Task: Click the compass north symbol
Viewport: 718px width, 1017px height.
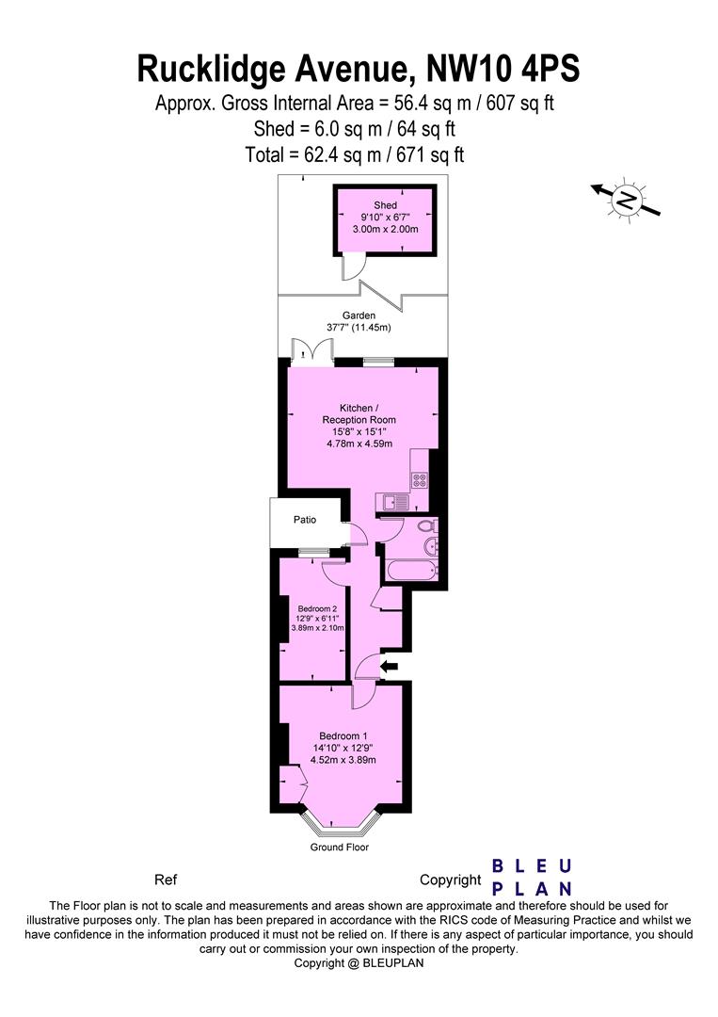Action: click(x=626, y=199)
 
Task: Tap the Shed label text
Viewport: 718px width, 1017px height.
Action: click(x=385, y=205)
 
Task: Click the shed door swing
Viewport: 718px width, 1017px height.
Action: click(x=352, y=270)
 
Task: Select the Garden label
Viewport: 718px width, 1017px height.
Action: click(x=359, y=315)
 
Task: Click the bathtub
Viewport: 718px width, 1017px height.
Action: click(x=407, y=571)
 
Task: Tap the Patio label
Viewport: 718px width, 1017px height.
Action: click(x=304, y=520)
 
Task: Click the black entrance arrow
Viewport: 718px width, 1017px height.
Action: click(x=388, y=667)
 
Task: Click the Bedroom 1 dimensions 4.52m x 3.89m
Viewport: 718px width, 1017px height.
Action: click(x=344, y=761)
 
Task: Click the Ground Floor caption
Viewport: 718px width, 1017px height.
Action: click(x=340, y=847)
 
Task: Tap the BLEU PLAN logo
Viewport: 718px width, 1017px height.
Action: click(x=533, y=877)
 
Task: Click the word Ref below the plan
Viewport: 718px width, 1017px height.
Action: click(x=165, y=880)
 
